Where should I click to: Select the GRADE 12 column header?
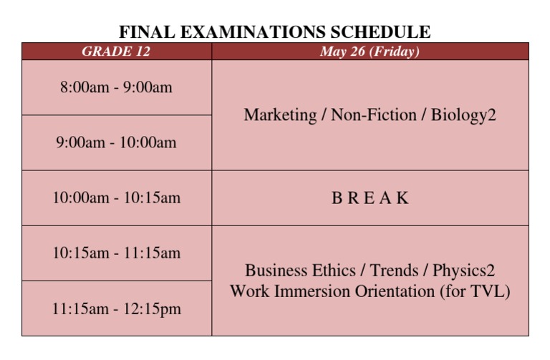(116, 52)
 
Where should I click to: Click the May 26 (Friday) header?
(370, 52)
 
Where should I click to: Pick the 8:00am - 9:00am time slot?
(116, 87)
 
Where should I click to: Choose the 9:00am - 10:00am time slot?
(116, 142)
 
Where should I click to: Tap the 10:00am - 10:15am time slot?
(116, 198)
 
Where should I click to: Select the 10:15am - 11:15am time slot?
(116, 253)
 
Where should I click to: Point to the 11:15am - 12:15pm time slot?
(116, 309)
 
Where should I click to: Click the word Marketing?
(280, 115)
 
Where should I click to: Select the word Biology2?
(463, 115)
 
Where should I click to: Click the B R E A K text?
(370, 198)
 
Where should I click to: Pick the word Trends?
(394, 271)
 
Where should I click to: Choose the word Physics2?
(463, 271)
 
